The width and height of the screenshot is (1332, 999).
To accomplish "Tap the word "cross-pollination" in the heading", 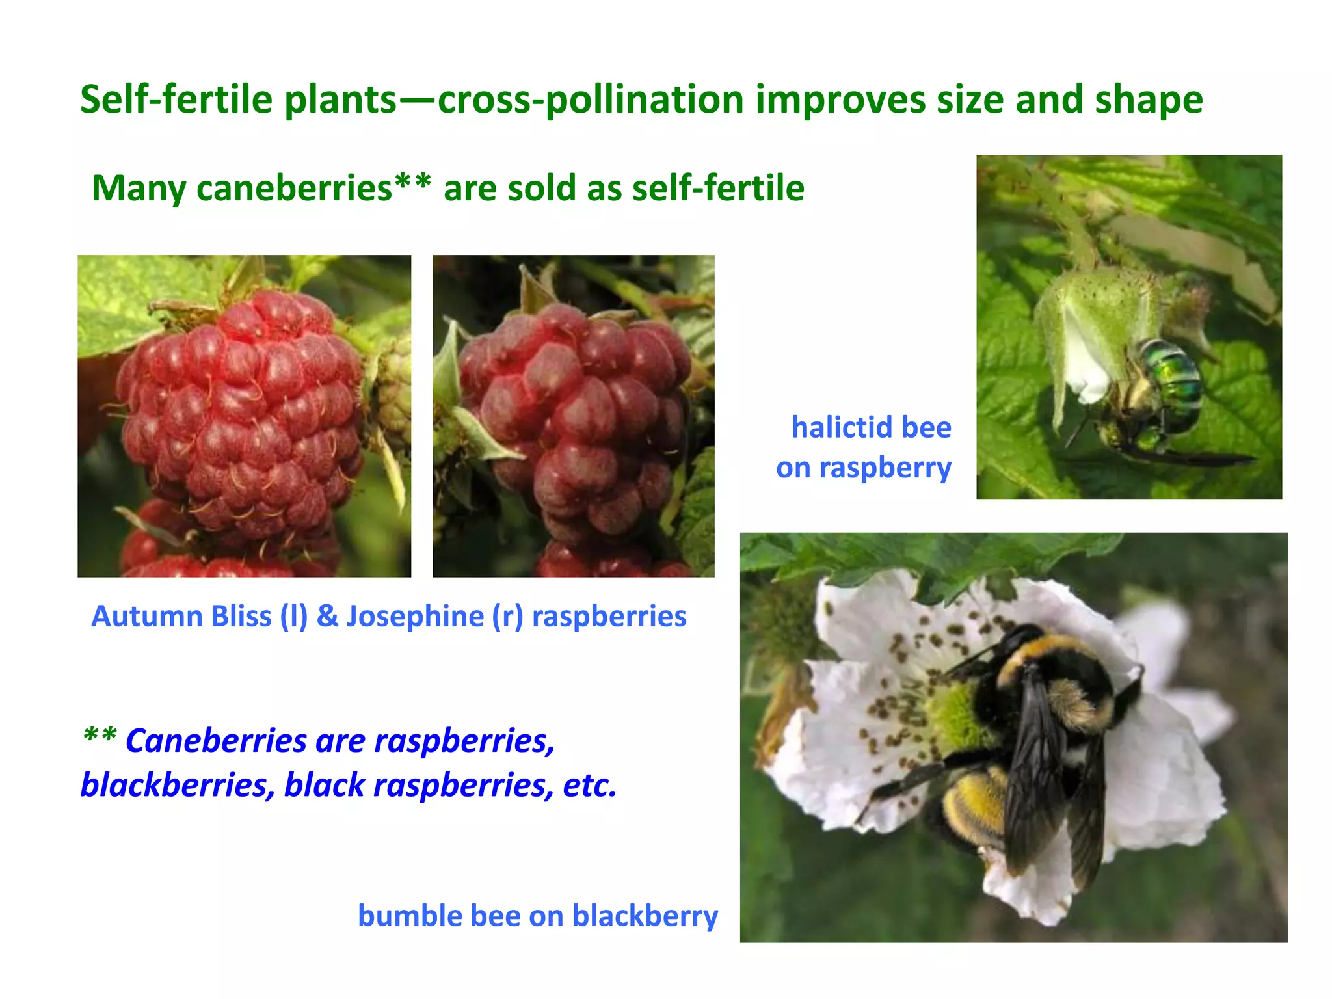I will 591,100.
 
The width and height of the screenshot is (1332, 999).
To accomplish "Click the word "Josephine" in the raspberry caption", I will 414,617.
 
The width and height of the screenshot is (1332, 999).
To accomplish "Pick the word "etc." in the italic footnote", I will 589,785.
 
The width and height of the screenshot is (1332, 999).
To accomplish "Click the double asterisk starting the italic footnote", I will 100,737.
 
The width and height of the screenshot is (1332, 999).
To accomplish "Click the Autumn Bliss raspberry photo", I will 244,416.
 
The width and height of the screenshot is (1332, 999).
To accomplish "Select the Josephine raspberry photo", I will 573,416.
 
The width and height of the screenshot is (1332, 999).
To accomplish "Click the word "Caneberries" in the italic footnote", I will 216,741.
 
